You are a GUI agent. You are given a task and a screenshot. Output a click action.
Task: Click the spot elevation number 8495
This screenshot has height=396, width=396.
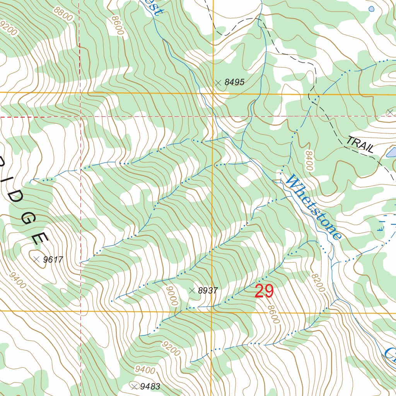(x=234, y=82)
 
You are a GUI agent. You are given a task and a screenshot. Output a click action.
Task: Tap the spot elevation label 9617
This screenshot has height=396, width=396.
(x=53, y=259)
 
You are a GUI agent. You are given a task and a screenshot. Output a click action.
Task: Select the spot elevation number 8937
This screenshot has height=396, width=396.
(x=208, y=291)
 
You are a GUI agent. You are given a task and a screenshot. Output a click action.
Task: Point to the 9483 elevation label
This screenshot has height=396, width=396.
(x=150, y=386)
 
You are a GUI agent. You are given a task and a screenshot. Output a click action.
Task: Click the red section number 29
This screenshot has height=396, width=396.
(x=264, y=291)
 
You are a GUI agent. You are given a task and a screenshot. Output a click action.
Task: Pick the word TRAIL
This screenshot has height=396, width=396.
(x=360, y=144)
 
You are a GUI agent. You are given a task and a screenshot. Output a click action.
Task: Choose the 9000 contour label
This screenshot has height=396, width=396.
(x=172, y=296)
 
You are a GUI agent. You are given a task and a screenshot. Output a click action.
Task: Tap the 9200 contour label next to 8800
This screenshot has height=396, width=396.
(x=9, y=29)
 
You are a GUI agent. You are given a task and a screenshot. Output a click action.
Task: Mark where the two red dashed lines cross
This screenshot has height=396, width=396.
(x=80, y=116)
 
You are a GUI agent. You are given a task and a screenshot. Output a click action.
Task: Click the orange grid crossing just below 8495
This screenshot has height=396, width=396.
(x=213, y=93)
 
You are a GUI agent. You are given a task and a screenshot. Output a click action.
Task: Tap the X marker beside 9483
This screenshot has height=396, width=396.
(x=135, y=386)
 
